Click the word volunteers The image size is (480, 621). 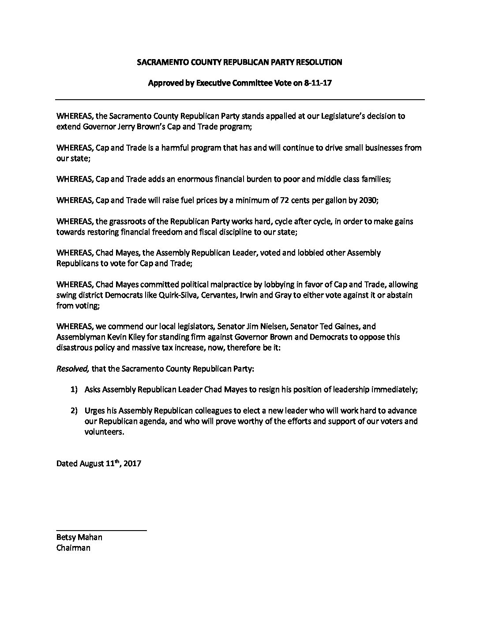[104, 432]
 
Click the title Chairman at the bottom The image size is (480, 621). [73, 548]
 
